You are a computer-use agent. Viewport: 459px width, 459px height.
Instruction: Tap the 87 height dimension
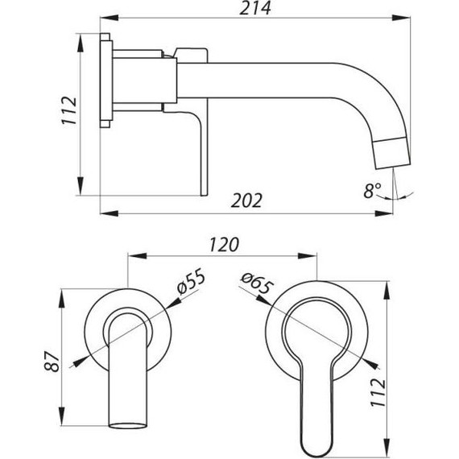[51, 358]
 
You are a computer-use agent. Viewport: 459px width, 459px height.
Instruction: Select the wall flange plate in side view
[105, 81]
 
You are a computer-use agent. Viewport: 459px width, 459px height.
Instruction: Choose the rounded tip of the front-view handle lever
[317, 443]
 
